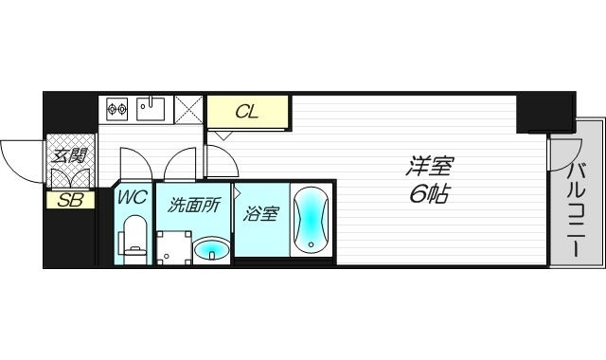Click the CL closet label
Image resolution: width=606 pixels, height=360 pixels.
click(247, 112)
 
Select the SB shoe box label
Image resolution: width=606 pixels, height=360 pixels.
click(69, 199)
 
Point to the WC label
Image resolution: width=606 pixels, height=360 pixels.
click(132, 198)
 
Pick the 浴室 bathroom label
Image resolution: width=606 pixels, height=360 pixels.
click(261, 214)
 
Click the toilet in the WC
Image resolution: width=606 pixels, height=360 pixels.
click(134, 240)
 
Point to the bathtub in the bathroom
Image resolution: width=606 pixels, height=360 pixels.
click(311, 221)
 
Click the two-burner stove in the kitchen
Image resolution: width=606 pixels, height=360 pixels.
click(117, 109)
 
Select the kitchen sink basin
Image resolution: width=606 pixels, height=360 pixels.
click(151, 108)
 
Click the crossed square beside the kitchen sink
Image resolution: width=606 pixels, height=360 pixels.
click(188, 110)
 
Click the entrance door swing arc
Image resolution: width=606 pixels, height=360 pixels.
click(21, 156)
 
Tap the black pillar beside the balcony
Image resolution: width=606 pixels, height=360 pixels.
click(545, 113)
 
